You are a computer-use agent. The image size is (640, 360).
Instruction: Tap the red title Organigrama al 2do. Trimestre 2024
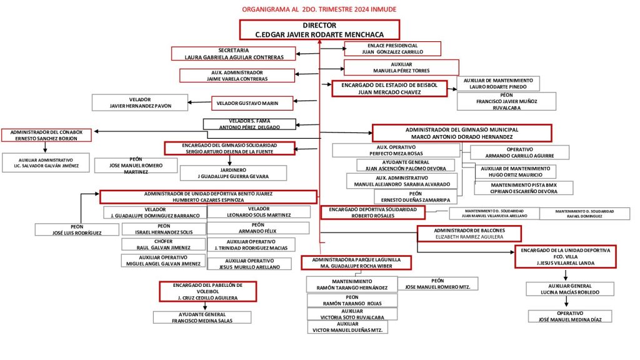[319, 9]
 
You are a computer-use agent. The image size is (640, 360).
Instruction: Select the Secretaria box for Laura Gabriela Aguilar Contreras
[234, 54]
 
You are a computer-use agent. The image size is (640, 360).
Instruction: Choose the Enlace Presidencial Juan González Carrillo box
[392, 49]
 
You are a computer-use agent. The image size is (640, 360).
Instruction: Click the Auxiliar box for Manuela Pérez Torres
[401, 67]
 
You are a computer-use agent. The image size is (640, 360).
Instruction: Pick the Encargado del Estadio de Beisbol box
[389, 88]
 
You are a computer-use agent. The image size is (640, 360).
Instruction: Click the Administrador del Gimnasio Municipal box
[462, 132]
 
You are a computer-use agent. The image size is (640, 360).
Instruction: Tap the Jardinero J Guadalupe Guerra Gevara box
[233, 173]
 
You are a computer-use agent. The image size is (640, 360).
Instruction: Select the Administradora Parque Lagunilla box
[356, 262]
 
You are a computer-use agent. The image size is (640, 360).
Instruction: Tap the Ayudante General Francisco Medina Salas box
[202, 317]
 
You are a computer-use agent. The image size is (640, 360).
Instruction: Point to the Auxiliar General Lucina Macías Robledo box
[570, 289]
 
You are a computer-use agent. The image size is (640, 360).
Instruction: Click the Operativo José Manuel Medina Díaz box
[570, 316]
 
